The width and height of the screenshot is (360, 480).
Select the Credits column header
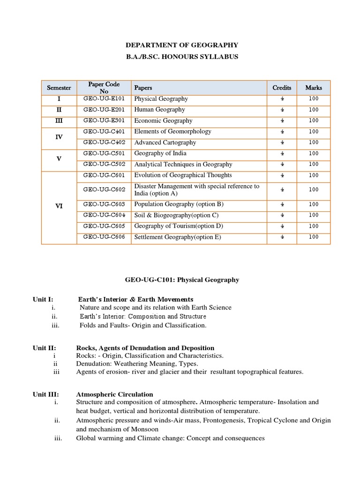(x=282, y=88)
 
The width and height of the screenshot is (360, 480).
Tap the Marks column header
(x=314, y=88)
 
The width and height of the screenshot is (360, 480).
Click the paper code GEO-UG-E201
(x=104, y=110)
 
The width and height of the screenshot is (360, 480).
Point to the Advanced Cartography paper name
(x=165, y=142)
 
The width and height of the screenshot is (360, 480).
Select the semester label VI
(x=59, y=206)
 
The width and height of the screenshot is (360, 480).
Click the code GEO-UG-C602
(x=104, y=189)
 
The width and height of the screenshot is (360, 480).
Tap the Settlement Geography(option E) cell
(x=177, y=237)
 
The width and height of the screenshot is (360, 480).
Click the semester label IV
(x=59, y=137)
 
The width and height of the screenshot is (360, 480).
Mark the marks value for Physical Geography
(x=314, y=99)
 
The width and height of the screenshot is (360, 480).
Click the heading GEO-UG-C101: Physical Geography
(x=181, y=280)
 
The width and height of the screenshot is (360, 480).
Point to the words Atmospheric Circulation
(x=114, y=394)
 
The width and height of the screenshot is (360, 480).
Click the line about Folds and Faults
(x=143, y=325)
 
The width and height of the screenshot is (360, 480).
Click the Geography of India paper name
(x=160, y=153)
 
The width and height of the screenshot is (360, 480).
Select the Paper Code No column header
(x=104, y=88)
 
